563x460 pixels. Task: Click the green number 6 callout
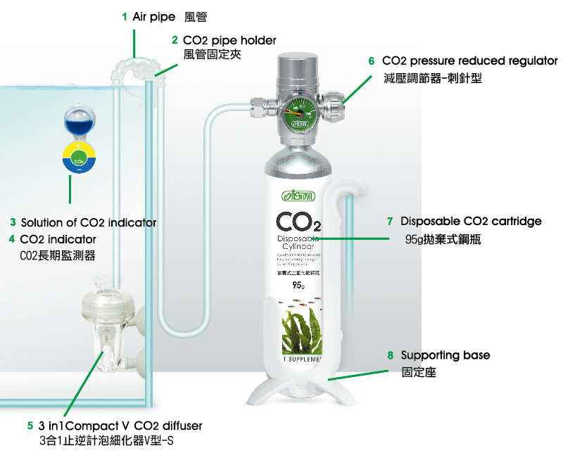tap(372, 61)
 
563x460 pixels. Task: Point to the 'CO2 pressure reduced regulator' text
tap(469, 61)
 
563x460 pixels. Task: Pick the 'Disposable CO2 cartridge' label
tap(471, 222)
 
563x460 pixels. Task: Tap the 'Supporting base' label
tap(445, 355)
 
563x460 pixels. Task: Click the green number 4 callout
tap(12, 239)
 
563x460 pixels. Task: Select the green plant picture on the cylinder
tap(298, 331)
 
